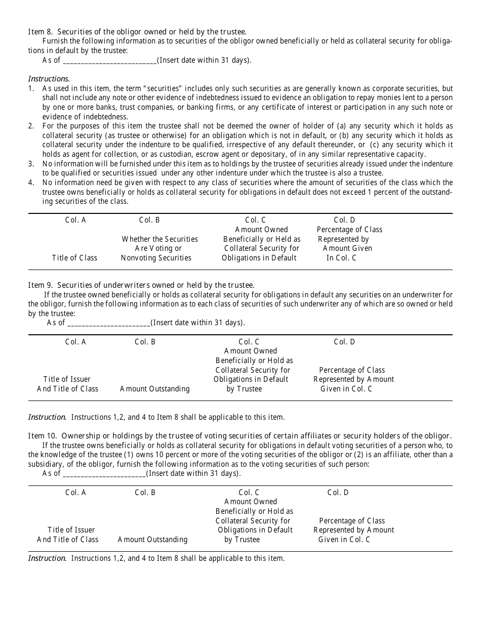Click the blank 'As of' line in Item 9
click(108, 323)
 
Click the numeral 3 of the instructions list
click(31, 164)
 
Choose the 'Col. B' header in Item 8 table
click(149, 220)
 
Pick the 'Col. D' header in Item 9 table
click(344, 342)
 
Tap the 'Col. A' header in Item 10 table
click(75, 493)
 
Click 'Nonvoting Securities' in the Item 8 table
click(156, 258)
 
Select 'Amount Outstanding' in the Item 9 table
click(154, 389)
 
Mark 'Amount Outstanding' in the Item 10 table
click(152, 540)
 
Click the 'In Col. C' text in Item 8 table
click(341, 258)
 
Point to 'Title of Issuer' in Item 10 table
click(71, 530)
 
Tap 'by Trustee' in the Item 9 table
click(244, 389)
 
